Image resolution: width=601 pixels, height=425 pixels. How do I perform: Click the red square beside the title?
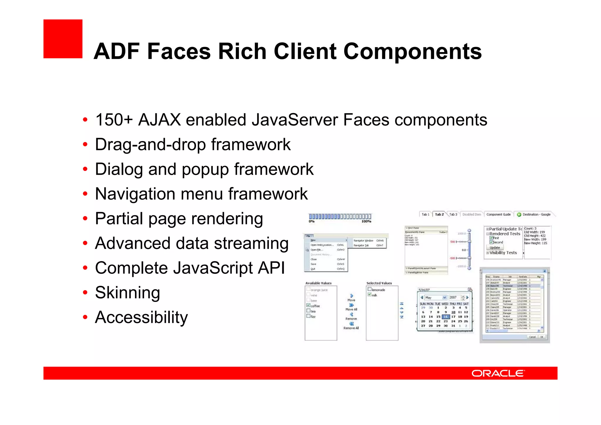63,39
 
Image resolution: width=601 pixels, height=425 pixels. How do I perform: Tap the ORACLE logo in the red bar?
498,373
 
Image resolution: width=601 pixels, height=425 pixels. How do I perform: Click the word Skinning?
127,293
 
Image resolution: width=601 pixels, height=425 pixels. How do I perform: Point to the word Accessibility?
141,317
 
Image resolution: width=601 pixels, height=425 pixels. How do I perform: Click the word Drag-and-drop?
151,145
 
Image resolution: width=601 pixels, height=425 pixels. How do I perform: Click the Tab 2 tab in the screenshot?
439,214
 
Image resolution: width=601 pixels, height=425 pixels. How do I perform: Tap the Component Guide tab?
498,214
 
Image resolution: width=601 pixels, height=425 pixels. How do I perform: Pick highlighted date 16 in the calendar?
445,317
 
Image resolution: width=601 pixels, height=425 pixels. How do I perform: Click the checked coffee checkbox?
308,305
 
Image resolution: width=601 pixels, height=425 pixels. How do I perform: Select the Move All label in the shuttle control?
351,309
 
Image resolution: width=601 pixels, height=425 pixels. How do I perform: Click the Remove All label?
351,328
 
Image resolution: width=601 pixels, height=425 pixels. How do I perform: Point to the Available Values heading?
318,283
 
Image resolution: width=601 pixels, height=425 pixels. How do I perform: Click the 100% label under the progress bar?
366,221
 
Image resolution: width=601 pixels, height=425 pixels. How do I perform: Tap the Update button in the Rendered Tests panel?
494,248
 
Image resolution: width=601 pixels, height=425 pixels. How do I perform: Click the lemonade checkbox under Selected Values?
370,289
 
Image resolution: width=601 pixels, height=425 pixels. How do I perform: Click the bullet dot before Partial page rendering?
85,219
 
